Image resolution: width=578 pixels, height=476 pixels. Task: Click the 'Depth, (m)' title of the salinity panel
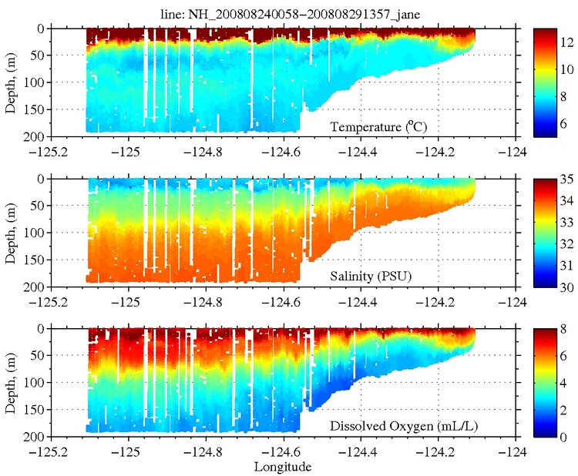pyautogui.click(x=10, y=231)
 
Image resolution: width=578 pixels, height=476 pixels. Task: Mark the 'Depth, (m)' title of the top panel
pyautogui.click(x=10, y=81)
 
